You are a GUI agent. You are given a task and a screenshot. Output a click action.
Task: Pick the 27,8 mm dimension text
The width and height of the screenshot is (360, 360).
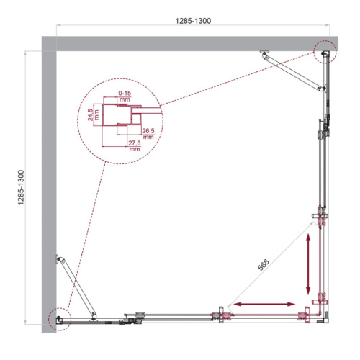point(133,146)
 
